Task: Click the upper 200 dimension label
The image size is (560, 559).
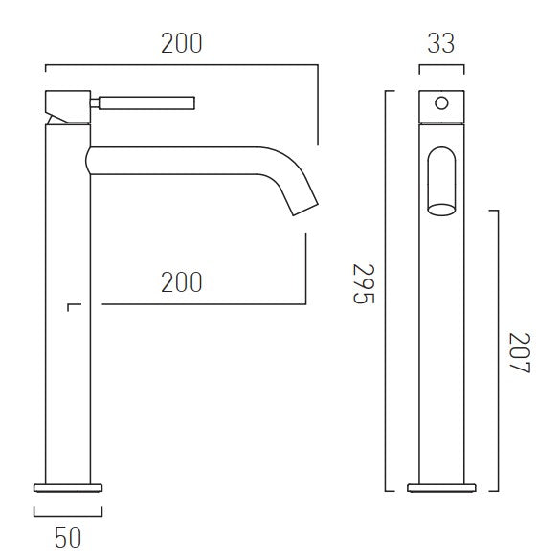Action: tap(182, 43)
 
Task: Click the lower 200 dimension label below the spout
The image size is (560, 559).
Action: tap(182, 282)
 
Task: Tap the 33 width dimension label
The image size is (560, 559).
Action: tap(441, 43)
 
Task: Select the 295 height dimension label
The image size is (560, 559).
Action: tap(364, 283)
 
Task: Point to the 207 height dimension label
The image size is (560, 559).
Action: tap(520, 352)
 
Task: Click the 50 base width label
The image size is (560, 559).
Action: tap(68, 538)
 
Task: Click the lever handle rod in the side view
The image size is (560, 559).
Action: tap(146, 102)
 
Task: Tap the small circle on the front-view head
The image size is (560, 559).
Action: tap(441, 103)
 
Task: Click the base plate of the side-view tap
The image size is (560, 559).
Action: tap(68, 488)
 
